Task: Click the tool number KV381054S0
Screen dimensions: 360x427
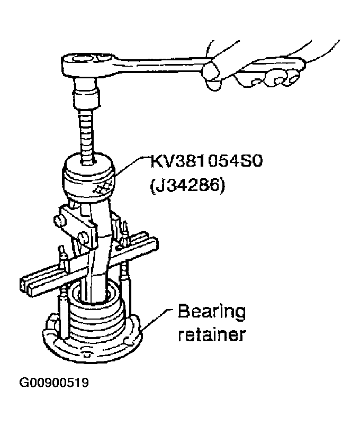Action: point(206,161)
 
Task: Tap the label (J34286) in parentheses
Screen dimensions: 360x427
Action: point(188,186)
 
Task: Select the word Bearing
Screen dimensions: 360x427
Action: point(211,313)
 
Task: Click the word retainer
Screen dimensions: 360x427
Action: point(212,334)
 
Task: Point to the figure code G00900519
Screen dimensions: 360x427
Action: point(54,383)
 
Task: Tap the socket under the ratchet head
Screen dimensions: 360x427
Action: point(85,93)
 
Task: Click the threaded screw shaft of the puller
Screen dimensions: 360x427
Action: point(87,136)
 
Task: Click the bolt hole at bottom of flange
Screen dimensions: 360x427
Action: point(86,352)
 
